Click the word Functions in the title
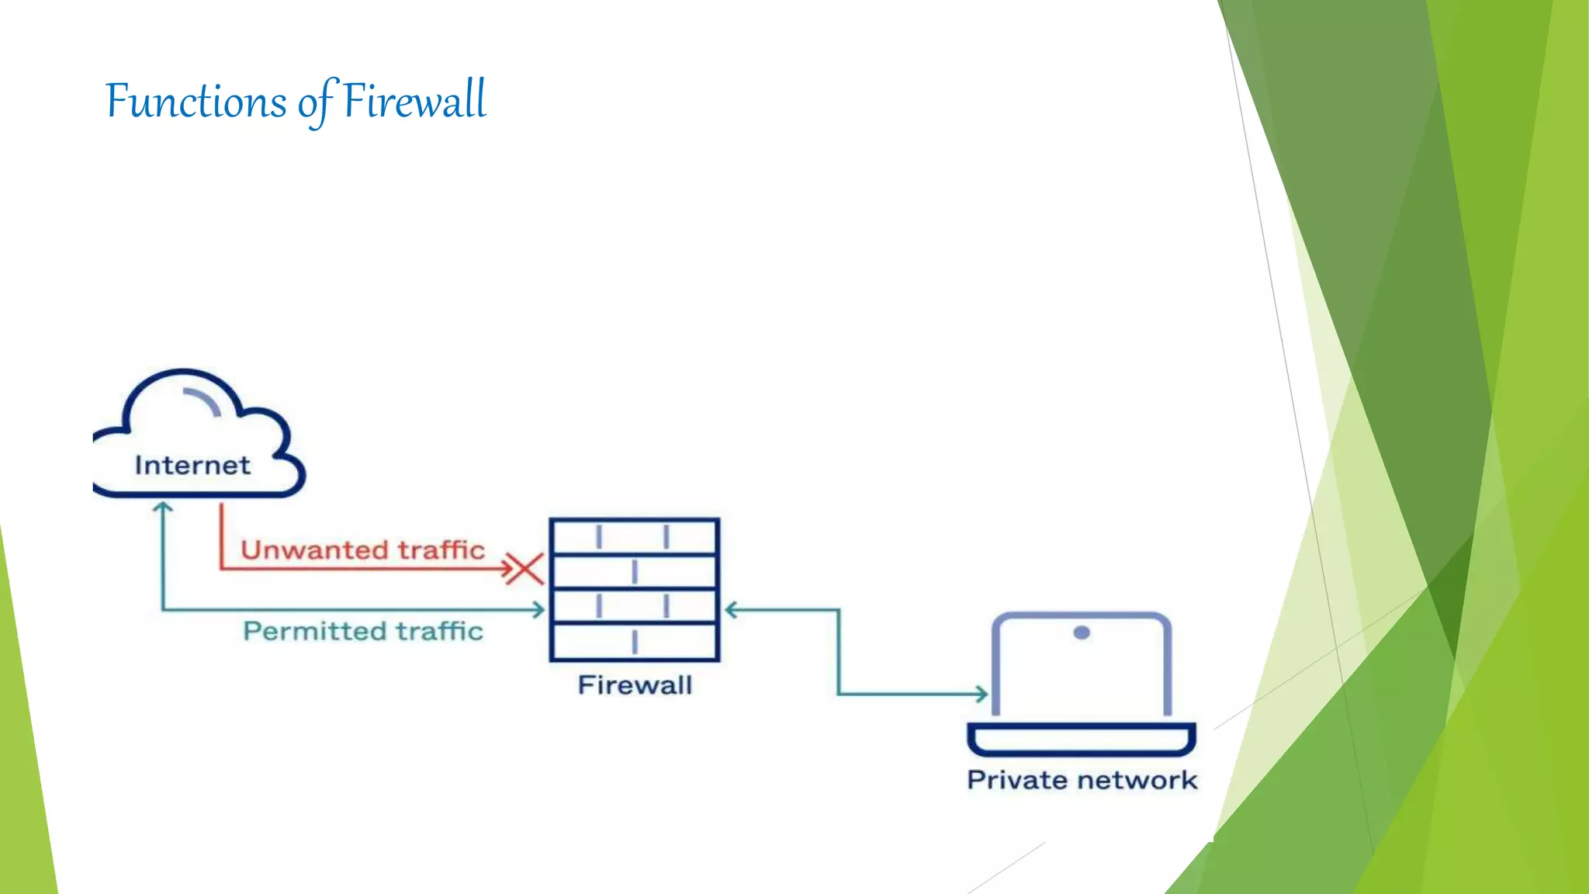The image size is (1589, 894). [x=196, y=102]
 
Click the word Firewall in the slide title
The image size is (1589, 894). [x=414, y=102]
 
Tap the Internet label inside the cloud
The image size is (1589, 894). [x=192, y=465]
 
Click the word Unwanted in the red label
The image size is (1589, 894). [x=313, y=550]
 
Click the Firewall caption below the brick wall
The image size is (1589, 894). [x=635, y=685]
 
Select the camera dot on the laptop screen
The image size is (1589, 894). [x=1082, y=632]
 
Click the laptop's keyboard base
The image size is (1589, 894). [x=1082, y=739]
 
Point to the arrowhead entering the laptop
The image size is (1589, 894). [x=982, y=694]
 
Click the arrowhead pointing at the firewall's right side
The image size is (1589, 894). [x=731, y=610]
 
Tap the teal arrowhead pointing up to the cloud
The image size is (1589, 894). [x=163, y=508]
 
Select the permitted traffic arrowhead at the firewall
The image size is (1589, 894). [x=538, y=610]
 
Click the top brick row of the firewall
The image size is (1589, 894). [x=634, y=536]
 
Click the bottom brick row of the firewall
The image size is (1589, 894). [x=634, y=642]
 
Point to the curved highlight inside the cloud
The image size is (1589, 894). [x=204, y=400]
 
